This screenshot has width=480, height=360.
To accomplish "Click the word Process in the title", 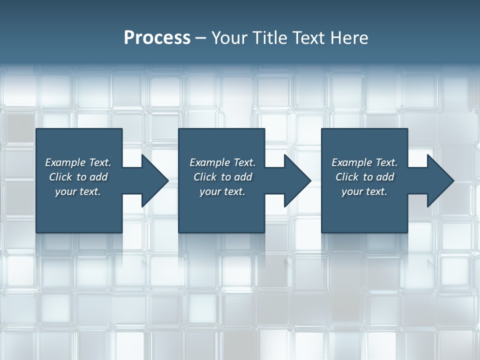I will pyautogui.click(x=157, y=37).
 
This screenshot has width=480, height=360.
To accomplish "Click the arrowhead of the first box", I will pyautogui.click(x=154, y=180).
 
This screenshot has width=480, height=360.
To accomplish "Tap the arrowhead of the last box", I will pyautogui.click(x=440, y=180).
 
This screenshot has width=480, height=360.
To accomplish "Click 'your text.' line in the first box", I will pyautogui.click(x=78, y=191).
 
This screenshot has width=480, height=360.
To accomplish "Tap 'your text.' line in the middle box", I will pyautogui.click(x=222, y=191).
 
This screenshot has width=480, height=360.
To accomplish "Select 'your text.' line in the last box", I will pyautogui.click(x=364, y=191).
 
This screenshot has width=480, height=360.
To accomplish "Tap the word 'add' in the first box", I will pyautogui.click(x=99, y=177).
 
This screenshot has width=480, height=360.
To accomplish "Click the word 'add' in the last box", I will pyautogui.click(x=385, y=177).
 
